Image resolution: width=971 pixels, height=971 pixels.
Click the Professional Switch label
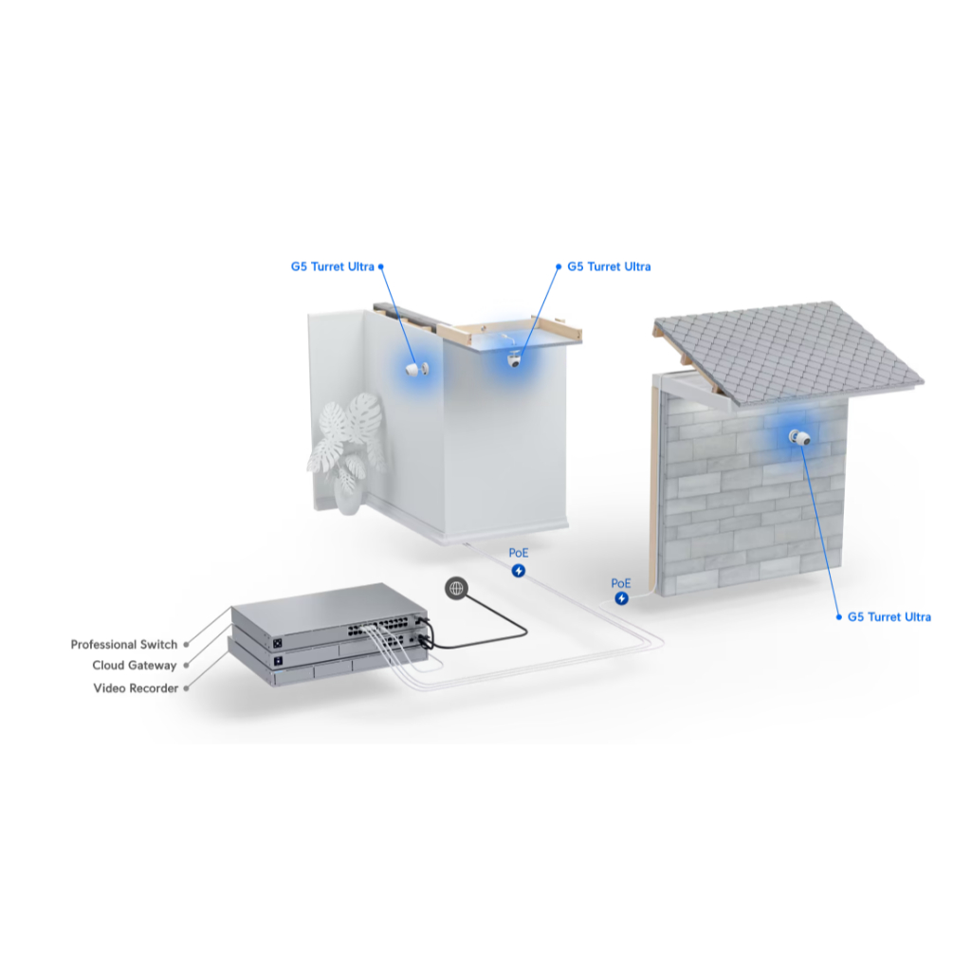tap(124, 645)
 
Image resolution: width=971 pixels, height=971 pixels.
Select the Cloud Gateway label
tap(135, 666)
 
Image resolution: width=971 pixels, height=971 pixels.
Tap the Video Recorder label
tap(136, 688)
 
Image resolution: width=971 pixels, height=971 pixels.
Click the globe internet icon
tap(456, 588)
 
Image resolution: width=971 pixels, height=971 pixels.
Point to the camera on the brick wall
tap(799, 437)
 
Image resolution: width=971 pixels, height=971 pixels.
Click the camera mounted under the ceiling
tap(514, 358)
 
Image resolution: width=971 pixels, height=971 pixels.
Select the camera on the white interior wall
tap(413, 369)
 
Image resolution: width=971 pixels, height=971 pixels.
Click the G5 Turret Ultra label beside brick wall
tap(889, 616)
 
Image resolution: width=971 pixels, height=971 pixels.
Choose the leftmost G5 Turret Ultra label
tap(333, 266)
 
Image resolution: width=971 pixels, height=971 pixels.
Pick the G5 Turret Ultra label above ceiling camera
tap(609, 266)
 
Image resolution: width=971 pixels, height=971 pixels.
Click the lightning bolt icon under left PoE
tap(519, 570)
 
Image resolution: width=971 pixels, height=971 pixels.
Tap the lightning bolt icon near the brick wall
tap(622, 598)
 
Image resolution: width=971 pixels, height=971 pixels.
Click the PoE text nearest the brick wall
tap(620, 583)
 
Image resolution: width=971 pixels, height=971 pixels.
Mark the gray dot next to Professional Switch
tap(187, 645)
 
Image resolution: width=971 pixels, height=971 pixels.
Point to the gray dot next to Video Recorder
tap(187, 688)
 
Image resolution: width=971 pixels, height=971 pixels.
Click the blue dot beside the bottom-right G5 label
tap(839, 616)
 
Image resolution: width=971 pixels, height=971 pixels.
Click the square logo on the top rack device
tap(278, 644)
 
